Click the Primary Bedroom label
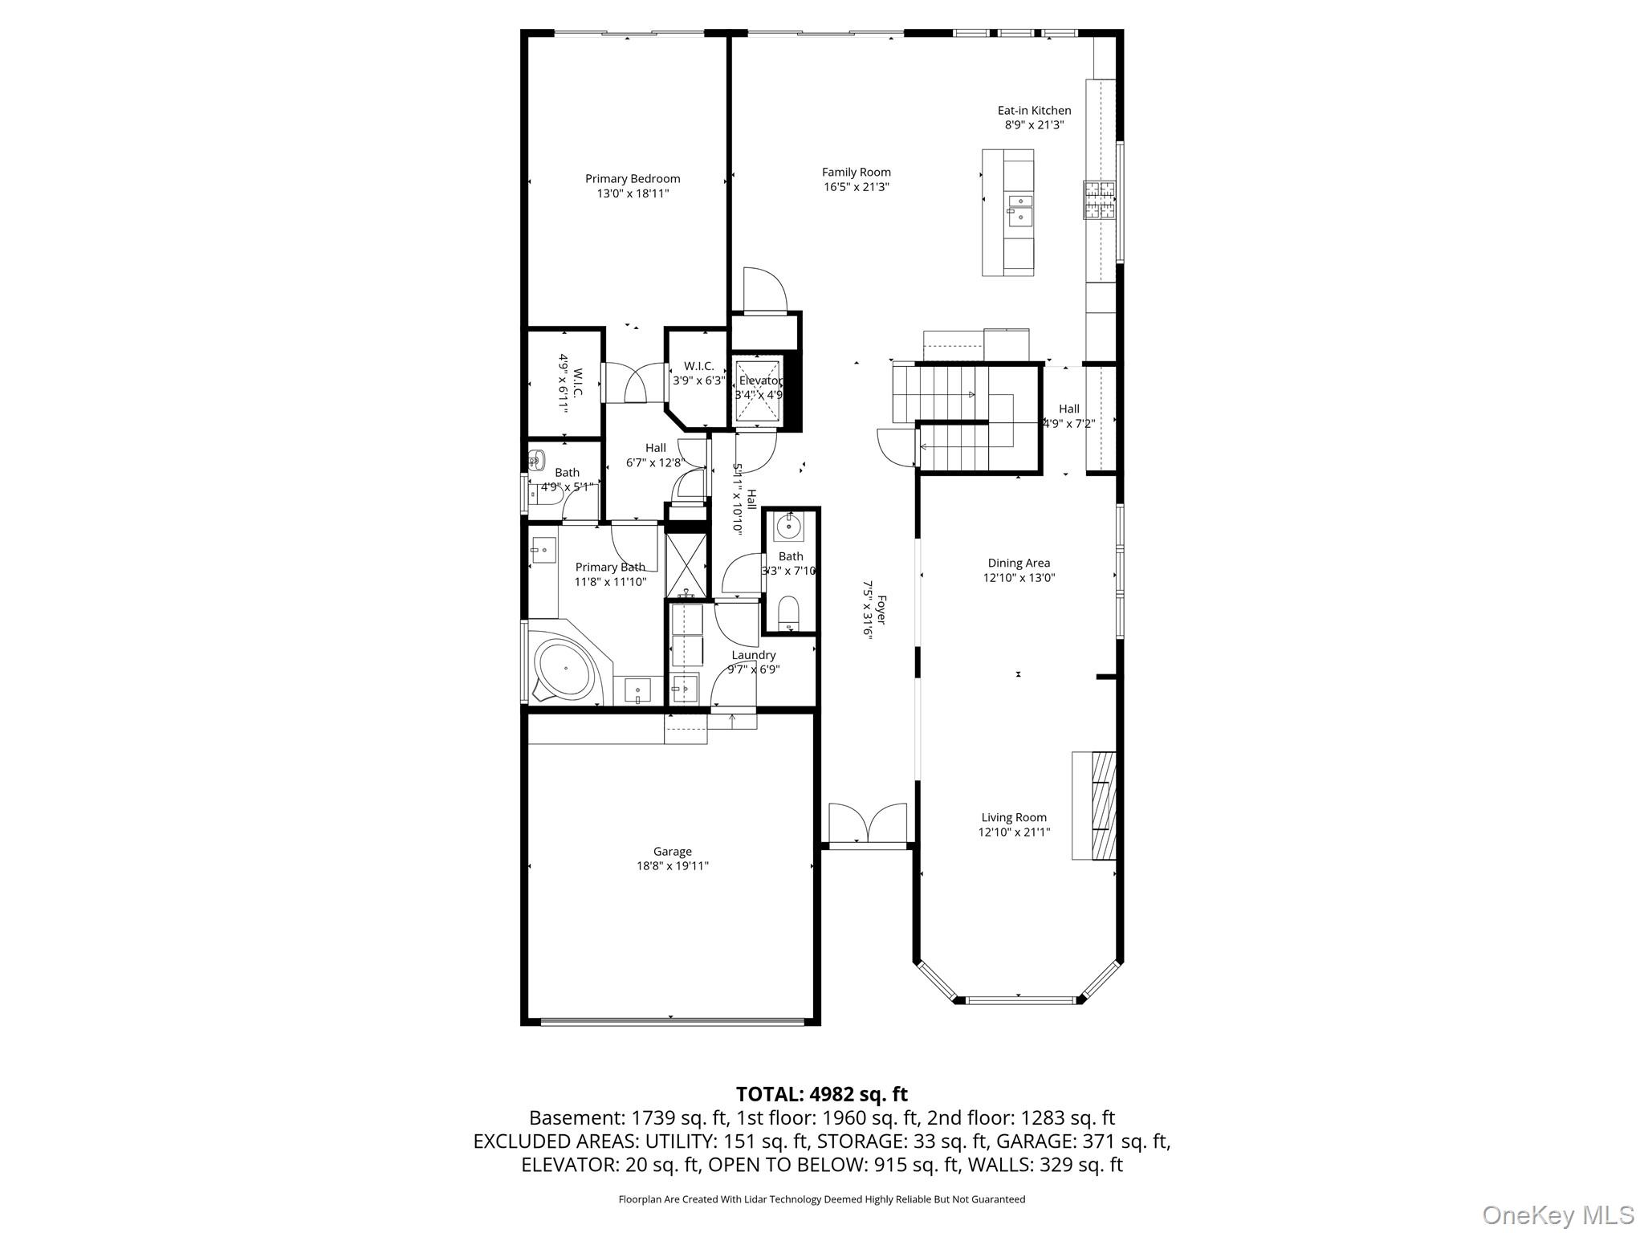pyautogui.click(x=632, y=179)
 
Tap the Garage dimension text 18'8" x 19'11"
pyautogui.click(x=672, y=866)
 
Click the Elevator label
pyautogui.click(x=759, y=380)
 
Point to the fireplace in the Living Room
pyautogui.click(x=1095, y=805)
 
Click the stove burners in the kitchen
pyautogui.click(x=1100, y=201)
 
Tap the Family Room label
pyautogui.click(x=856, y=172)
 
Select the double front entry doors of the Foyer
pyautogui.click(x=868, y=823)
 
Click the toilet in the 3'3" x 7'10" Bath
pyautogui.click(x=789, y=612)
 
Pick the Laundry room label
pyautogui.click(x=753, y=655)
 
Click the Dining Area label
pyautogui.click(x=1018, y=563)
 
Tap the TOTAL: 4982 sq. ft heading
pyautogui.click(x=821, y=1094)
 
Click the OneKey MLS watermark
pyautogui.click(x=1557, y=1215)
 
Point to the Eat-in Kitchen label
pyautogui.click(x=1034, y=111)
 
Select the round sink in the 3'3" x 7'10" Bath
pyautogui.click(x=787, y=527)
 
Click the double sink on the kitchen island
pyautogui.click(x=1019, y=207)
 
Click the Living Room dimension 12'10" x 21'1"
pyautogui.click(x=1013, y=832)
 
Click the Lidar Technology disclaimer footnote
pyautogui.click(x=821, y=1199)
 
